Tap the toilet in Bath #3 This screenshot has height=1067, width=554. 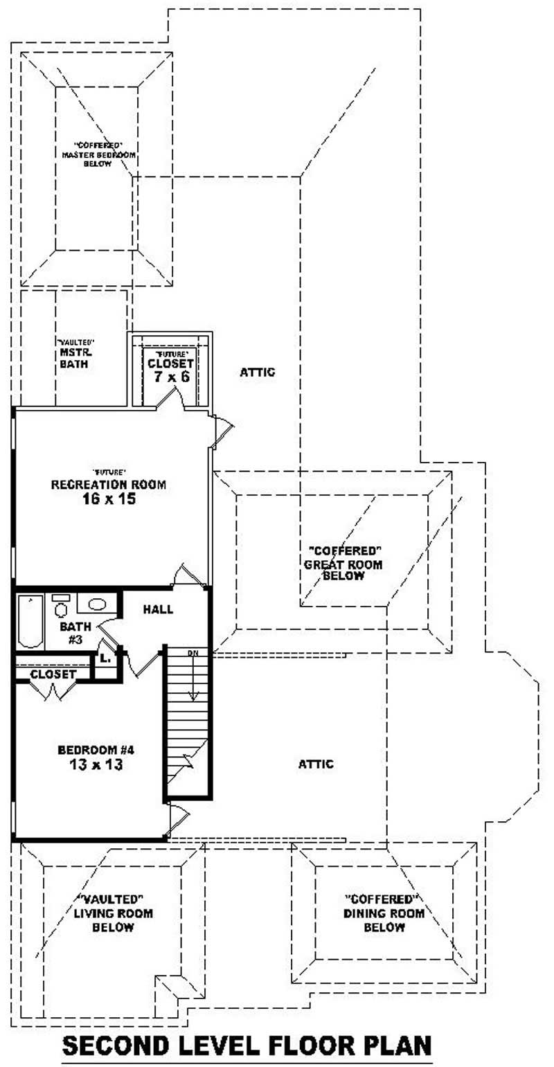(61, 607)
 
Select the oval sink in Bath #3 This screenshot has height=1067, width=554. (96, 604)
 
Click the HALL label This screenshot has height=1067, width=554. (158, 609)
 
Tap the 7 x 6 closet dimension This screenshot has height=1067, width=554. (171, 377)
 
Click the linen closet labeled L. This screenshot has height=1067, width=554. (105, 658)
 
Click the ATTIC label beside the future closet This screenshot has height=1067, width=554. (258, 372)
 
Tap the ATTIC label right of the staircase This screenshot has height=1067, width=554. (316, 764)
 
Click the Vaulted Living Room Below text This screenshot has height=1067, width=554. (114, 913)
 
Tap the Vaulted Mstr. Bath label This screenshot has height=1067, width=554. (75, 353)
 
